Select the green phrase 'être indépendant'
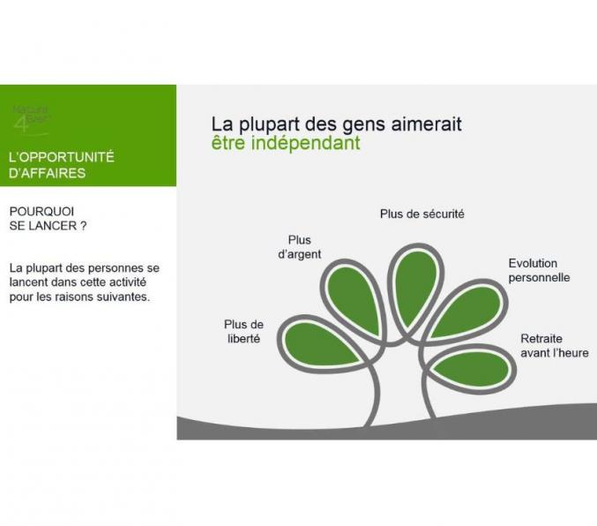[286, 143]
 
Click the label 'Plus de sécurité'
[422, 214]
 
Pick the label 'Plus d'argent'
[300, 247]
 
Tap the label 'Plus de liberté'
[243, 331]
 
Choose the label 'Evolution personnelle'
[539, 270]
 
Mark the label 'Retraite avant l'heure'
[554, 346]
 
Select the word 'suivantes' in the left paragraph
[124, 297]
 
